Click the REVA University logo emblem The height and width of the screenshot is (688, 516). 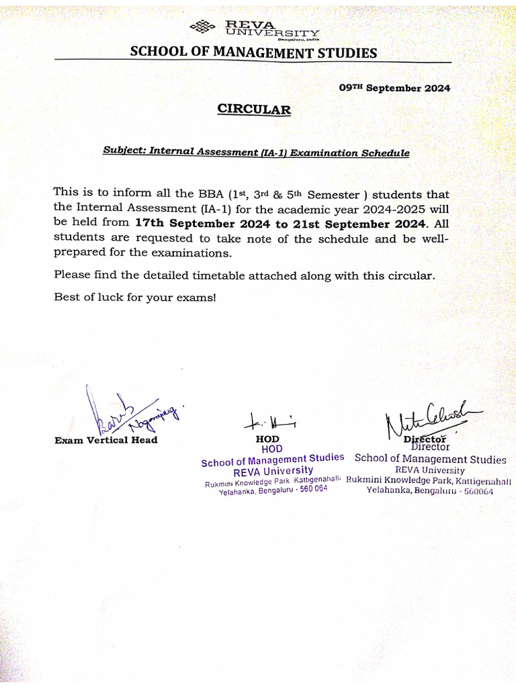click(204, 28)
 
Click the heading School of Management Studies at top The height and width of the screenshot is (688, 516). click(253, 52)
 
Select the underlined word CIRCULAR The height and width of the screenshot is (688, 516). click(254, 110)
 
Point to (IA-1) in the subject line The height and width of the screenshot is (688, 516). click(273, 153)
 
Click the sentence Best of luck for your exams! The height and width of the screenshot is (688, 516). click(135, 297)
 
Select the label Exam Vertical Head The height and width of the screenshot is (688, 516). click(106, 440)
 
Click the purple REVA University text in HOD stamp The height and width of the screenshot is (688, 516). click(273, 471)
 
